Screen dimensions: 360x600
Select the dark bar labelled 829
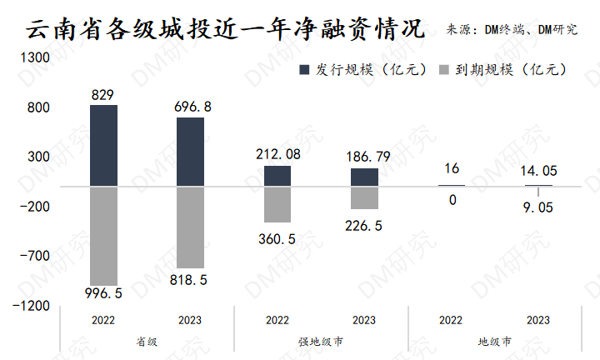pos(103,145)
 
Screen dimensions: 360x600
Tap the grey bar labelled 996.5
pos(103,235)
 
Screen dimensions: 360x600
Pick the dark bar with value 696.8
pos(190,152)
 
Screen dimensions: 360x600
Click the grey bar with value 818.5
pos(190,227)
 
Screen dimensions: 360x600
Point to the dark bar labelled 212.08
pos(277,175)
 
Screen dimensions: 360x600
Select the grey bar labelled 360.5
pos(277,204)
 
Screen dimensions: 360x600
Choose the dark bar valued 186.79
pos(364,177)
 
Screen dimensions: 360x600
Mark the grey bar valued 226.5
pos(364,197)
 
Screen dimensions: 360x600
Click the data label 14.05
pos(537,172)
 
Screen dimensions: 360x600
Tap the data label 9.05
pos(537,209)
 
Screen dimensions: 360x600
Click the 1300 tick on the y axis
pos(37,58)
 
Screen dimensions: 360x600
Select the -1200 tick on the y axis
pos(33,306)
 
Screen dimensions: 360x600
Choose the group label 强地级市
pos(321,342)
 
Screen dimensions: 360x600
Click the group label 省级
pos(147,342)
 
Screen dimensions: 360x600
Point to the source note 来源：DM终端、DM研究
pos(512,31)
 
